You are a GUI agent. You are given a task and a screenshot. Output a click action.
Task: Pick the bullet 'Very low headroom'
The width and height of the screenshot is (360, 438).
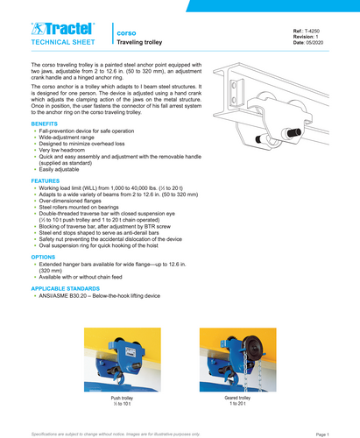pyautogui.click(x=67, y=152)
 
